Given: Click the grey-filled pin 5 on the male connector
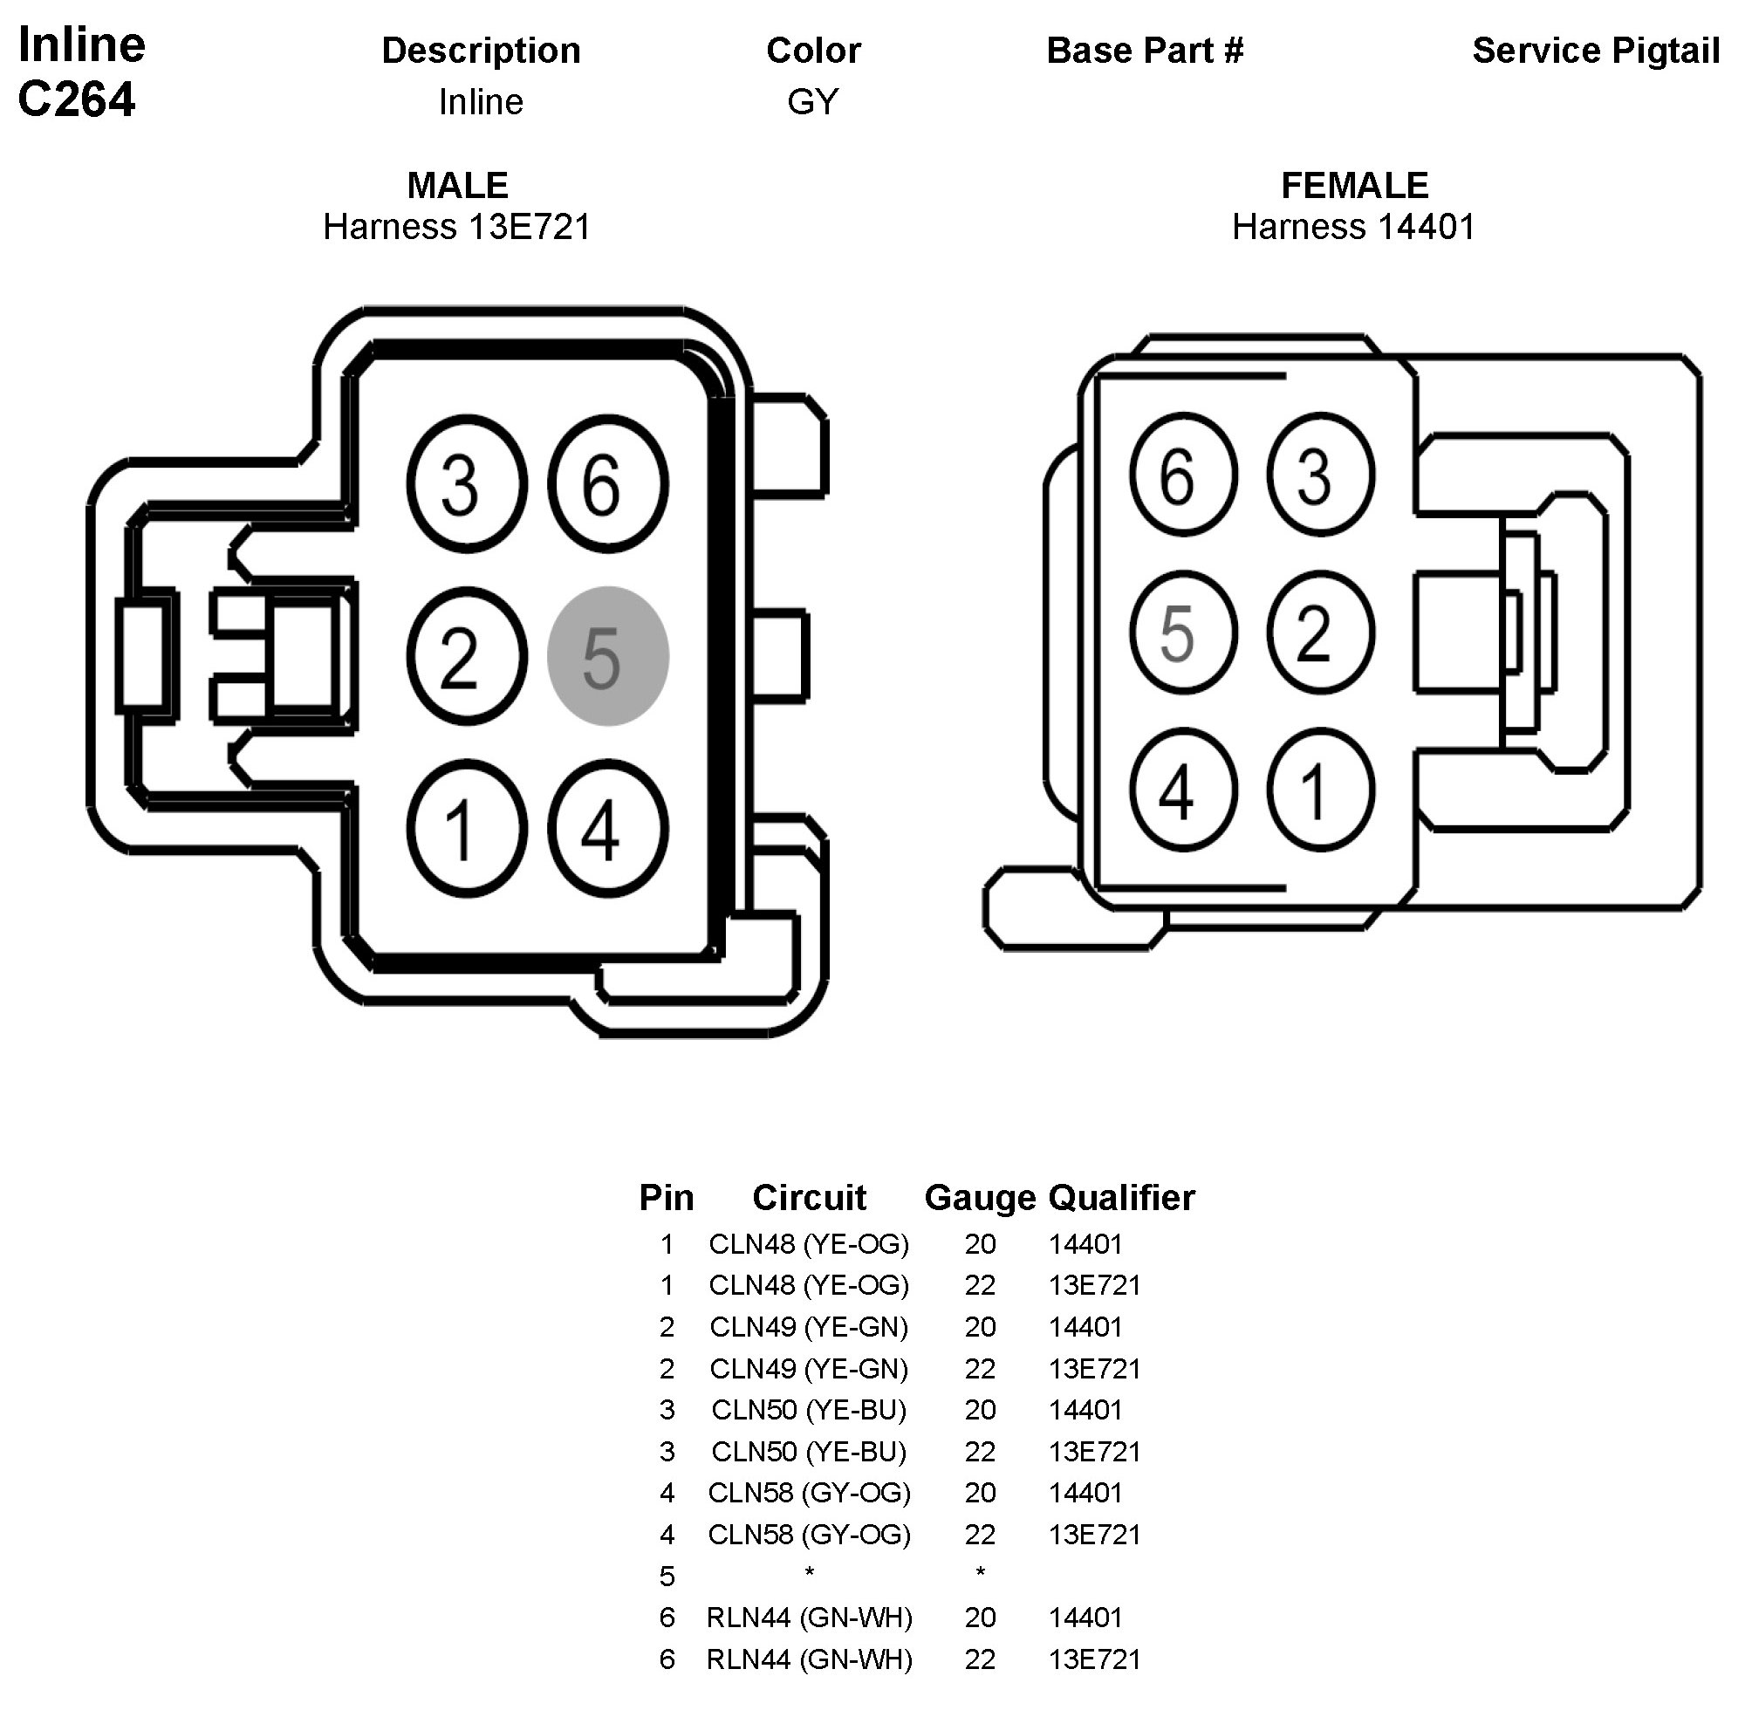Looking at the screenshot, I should point(607,655).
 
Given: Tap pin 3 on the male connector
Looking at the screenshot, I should point(465,483).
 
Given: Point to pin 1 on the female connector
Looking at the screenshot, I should point(1319,790).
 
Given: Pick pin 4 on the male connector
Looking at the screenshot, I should point(607,828).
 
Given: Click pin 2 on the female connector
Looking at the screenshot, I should point(1319,632).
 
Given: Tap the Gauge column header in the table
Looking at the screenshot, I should point(978,1198).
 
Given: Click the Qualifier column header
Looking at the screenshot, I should point(1121,1198).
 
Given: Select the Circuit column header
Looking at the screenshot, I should point(808,1198).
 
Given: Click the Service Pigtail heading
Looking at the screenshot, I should point(1595,51).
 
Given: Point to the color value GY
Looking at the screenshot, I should point(812,102).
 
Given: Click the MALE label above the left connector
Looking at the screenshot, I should point(457,186).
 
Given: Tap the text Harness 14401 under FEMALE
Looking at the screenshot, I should point(1352,227).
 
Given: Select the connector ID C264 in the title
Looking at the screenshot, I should point(77,99).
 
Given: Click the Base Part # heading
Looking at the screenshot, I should point(1145,51).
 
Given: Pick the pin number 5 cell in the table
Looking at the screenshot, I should point(667,1577).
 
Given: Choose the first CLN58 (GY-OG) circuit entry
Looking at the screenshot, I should point(808,1494).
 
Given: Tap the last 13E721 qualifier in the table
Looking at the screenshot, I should point(1094,1659).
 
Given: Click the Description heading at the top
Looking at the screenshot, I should point(481,51).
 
